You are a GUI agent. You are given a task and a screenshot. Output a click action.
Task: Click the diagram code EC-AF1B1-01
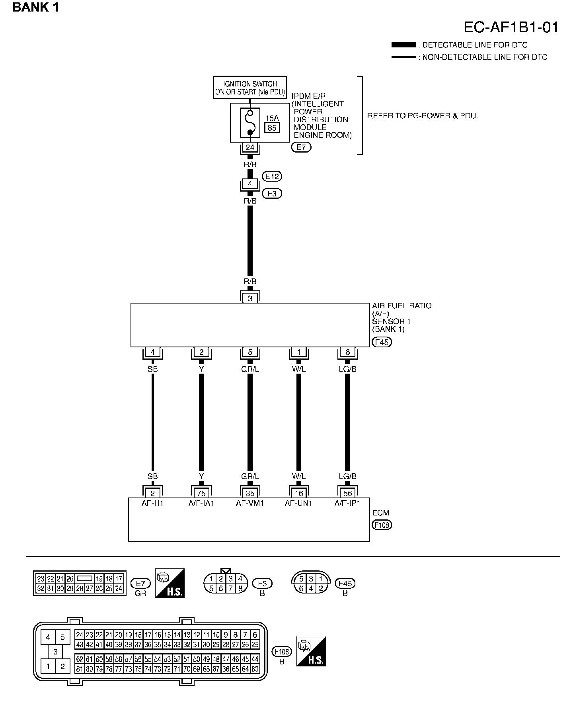(x=511, y=27)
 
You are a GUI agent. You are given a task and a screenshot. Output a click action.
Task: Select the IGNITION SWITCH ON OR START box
(x=250, y=88)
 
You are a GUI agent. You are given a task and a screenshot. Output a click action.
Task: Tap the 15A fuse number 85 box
(x=272, y=128)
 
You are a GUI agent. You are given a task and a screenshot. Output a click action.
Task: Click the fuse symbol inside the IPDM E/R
(x=250, y=122)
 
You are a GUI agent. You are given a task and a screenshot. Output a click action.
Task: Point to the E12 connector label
(x=272, y=176)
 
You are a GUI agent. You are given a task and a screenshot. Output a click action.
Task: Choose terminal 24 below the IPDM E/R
(x=250, y=147)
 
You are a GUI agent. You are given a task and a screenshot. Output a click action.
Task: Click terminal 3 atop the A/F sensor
(x=250, y=298)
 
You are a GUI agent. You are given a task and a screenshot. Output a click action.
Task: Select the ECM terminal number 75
(x=201, y=493)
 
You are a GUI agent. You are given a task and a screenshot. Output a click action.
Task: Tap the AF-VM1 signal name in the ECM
(x=250, y=503)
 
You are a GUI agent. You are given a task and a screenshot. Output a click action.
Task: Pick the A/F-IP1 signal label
(x=347, y=503)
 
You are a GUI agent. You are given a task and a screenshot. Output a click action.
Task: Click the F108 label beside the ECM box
(x=382, y=525)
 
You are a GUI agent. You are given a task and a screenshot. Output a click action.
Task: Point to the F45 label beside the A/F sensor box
(x=381, y=342)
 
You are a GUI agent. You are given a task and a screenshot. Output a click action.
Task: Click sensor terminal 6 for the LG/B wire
(x=347, y=352)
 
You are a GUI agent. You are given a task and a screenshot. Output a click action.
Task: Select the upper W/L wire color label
(x=299, y=369)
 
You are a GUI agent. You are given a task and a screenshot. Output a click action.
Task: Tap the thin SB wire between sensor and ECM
(x=153, y=422)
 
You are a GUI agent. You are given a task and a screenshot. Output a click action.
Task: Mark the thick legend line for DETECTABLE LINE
(x=403, y=45)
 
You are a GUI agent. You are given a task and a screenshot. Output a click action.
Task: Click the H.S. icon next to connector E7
(x=170, y=582)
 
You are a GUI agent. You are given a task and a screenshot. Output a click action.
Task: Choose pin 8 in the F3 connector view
(x=240, y=588)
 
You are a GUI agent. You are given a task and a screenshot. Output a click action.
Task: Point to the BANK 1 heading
(x=36, y=7)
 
